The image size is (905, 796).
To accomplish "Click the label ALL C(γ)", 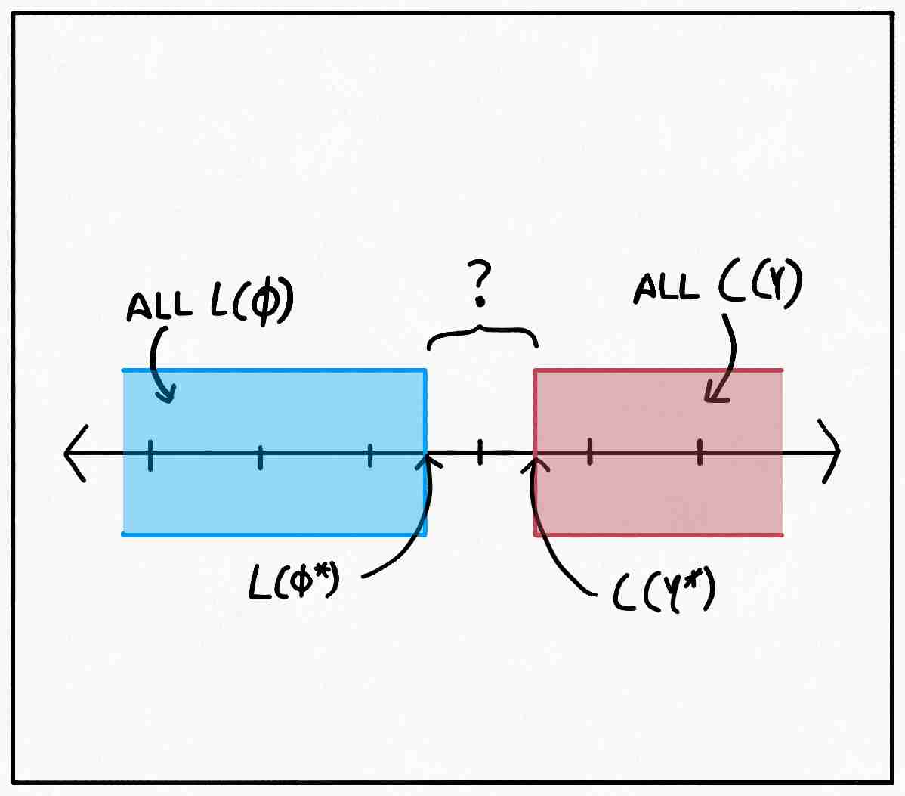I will point(718,286).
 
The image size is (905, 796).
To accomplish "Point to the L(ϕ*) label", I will point(294,581).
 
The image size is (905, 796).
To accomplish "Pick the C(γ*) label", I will point(664,590).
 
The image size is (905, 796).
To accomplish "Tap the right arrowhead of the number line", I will point(829,452).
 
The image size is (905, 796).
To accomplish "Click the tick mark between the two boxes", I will point(480,454).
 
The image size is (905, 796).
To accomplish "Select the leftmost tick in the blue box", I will point(150,454).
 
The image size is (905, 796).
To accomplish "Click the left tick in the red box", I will point(590,451).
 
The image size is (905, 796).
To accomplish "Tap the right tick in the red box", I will point(700,451).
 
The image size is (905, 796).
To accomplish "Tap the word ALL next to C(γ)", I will point(666,288).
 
